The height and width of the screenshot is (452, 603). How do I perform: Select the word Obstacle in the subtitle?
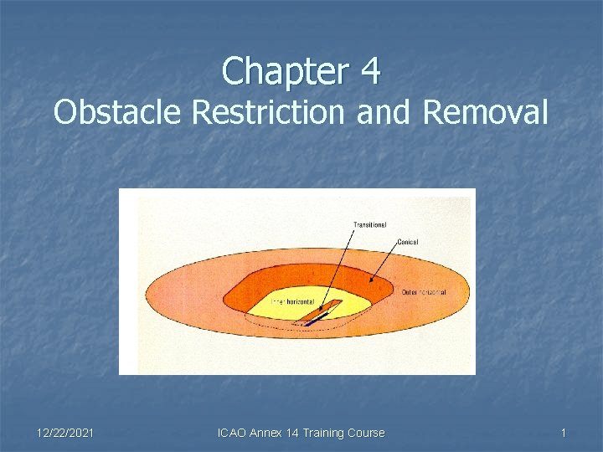pos(117,112)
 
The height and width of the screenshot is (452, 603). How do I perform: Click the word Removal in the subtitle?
pos(486,112)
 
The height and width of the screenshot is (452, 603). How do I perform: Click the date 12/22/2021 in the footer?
pos(65,433)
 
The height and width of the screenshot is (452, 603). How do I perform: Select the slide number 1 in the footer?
pos(564,433)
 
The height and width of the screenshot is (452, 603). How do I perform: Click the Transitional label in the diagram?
pos(369,224)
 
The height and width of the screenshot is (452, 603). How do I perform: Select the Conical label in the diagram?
pos(408,242)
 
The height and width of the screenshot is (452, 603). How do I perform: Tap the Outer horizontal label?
pos(423,292)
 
